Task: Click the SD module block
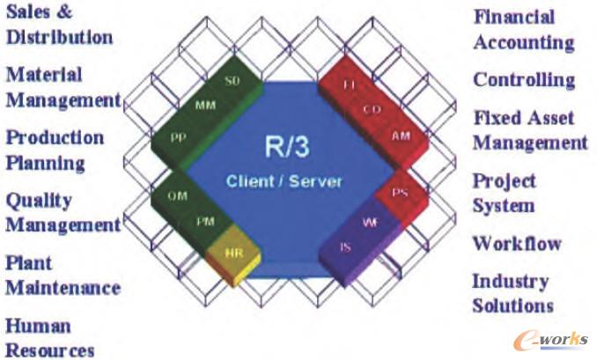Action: click(232, 81)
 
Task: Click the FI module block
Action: click(349, 85)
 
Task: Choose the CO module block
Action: click(372, 109)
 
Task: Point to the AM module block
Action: click(401, 136)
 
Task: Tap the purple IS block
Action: click(345, 247)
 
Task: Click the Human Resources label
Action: click(50, 338)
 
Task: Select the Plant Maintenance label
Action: click(63, 275)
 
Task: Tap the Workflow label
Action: click(517, 244)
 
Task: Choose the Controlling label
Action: click(523, 79)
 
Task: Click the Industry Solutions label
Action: click(512, 293)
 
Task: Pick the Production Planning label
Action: click(55, 150)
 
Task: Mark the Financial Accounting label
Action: click(523, 29)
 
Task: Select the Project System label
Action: click(504, 193)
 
